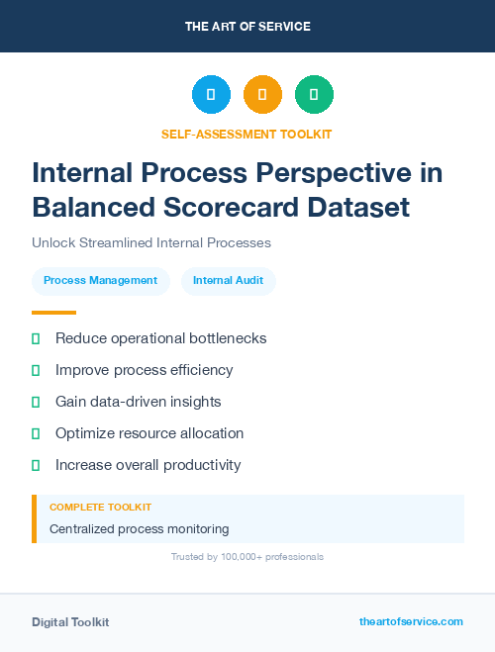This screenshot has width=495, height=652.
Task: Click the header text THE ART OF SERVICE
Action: [x=247, y=27]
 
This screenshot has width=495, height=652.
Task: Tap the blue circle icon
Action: [x=211, y=95]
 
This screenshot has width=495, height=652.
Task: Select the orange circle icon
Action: [x=262, y=95]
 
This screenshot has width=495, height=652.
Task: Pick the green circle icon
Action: [x=314, y=95]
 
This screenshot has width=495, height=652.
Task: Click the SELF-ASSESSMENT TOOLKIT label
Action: [x=247, y=134]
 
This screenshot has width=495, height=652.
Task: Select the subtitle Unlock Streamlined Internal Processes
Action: [x=151, y=242]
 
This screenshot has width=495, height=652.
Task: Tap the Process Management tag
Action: [x=100, y=280]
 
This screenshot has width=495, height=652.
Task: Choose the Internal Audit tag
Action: [x=228, y=280]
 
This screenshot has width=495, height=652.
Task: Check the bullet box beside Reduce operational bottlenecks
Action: [x=36, y=338]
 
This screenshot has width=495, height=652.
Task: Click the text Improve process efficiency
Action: [x=144, y=370]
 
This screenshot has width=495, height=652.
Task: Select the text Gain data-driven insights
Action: [x=138, y=402]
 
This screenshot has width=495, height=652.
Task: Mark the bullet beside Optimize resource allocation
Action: [x=36, y=433]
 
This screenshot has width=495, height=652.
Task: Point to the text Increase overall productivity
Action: [x=148, y=465]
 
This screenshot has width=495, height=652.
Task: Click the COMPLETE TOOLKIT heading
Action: [x=100, y=507]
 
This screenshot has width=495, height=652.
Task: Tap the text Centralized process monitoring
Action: [x=139, y=529]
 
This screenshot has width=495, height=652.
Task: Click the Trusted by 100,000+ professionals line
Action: [x=247, y=557]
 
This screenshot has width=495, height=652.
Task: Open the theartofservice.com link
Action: [x=411, y=621]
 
